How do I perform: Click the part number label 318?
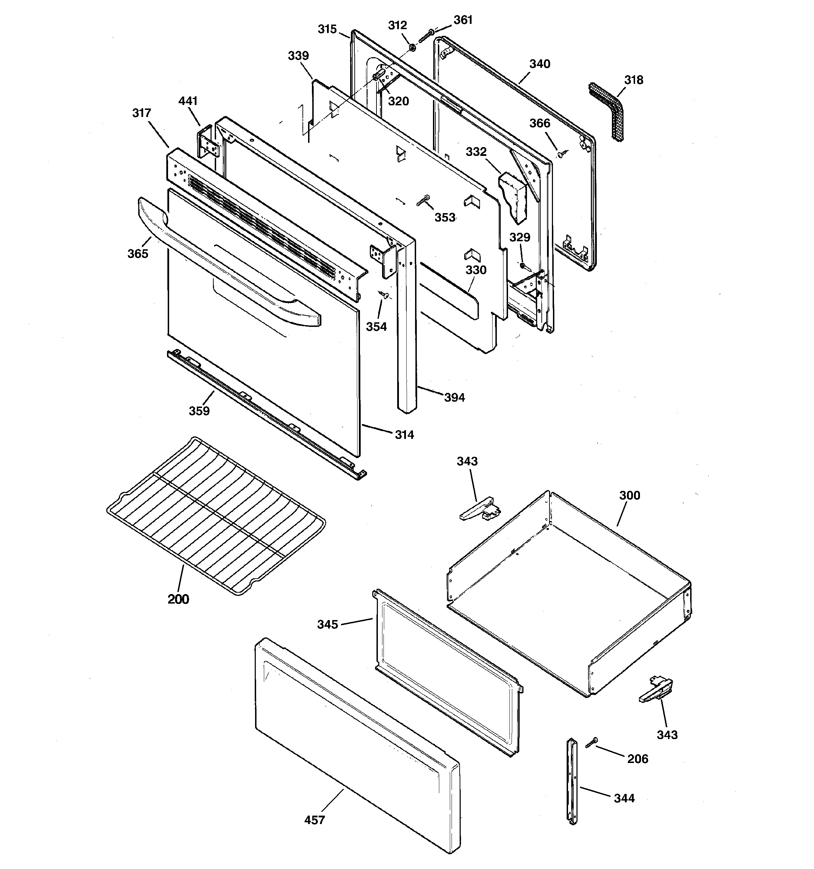[x=633, y=80]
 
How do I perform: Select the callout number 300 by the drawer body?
[x=629, y=495]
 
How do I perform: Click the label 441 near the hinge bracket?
[x=188, y=101]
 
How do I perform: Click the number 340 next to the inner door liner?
[x=540, y=64]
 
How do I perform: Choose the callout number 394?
[x=454, y=397]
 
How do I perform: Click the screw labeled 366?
[x=561, y=154]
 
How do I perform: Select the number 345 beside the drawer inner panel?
[x=328, y=625]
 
